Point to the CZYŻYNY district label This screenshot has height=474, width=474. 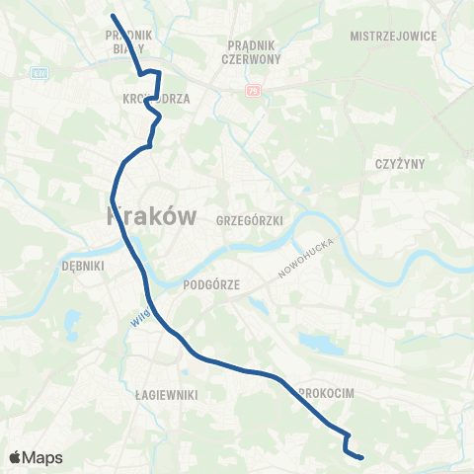(398, 164)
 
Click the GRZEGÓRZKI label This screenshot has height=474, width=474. (251, 222)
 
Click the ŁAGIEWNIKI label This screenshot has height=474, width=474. (168, 395)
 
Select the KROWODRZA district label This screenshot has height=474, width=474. (156, 99)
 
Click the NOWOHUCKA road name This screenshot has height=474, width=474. (307, 256)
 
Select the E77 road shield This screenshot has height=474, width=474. (39, 73)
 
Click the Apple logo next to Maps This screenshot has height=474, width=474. (16, 457)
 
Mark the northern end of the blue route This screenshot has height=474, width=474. (113, 16)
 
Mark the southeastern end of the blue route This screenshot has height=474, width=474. (362, 457)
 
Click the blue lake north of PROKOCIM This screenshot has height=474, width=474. (314, 344)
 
